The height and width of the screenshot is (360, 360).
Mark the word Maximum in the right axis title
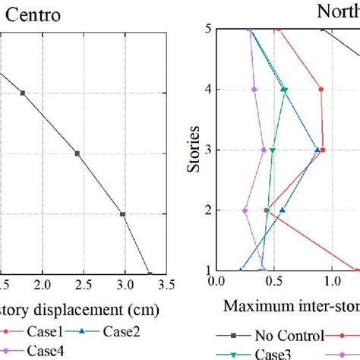254,307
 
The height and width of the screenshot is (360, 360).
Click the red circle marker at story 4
321,90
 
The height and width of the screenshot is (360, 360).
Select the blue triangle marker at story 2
283,210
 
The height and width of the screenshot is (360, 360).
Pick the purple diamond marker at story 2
245,210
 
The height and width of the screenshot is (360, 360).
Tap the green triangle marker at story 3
273,150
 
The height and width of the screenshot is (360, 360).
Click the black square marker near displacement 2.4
77,153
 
